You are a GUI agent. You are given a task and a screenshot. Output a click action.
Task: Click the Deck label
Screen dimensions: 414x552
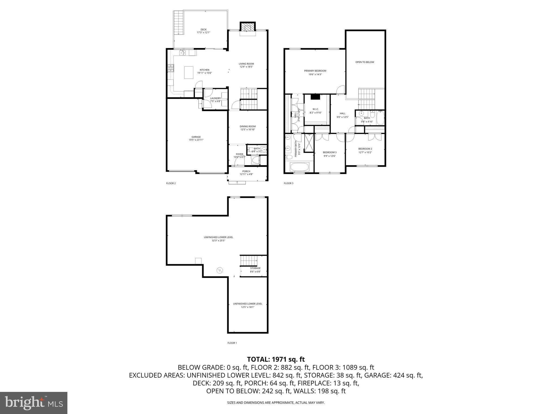coord(203,30)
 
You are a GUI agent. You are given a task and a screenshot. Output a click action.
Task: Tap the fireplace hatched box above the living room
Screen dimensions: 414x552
coord(247,27)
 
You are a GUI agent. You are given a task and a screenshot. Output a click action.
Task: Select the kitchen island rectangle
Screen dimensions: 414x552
coord(189,73)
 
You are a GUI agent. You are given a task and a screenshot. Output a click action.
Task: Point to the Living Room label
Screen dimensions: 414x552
coord(246,64)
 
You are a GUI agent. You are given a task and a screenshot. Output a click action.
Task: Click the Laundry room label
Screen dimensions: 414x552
coord(215,98)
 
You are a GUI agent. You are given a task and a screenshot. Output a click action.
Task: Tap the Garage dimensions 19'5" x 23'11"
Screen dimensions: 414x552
coord(196,140)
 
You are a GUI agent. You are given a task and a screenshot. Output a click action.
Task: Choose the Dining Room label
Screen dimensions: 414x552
coord(248,126)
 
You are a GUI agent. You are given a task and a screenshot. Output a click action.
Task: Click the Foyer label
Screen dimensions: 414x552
coord(239,154)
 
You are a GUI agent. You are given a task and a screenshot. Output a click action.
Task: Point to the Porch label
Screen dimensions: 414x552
coord(246,171)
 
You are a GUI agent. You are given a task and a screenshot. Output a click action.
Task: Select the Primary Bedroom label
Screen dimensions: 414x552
coord(315,71)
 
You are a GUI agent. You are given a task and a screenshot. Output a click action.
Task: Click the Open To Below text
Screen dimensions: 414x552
coord(364,62)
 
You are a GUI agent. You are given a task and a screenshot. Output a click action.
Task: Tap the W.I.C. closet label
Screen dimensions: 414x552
coord(315,109)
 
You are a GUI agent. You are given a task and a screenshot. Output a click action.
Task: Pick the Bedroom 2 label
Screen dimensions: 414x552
coord(365,149)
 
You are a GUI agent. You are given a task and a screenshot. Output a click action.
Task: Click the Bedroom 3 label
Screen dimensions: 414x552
coord(330,152)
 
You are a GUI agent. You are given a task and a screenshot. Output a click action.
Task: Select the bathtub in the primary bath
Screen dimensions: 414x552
coord(299,167)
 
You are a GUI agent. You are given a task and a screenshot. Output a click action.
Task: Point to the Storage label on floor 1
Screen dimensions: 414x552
coord(255,268)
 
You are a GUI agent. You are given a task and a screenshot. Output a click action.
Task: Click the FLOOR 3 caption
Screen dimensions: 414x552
coord(288,183)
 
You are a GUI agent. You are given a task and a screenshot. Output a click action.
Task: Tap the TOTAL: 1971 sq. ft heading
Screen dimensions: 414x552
coord(276,359)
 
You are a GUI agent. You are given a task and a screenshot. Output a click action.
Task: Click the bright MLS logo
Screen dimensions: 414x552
coord(34,403)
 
